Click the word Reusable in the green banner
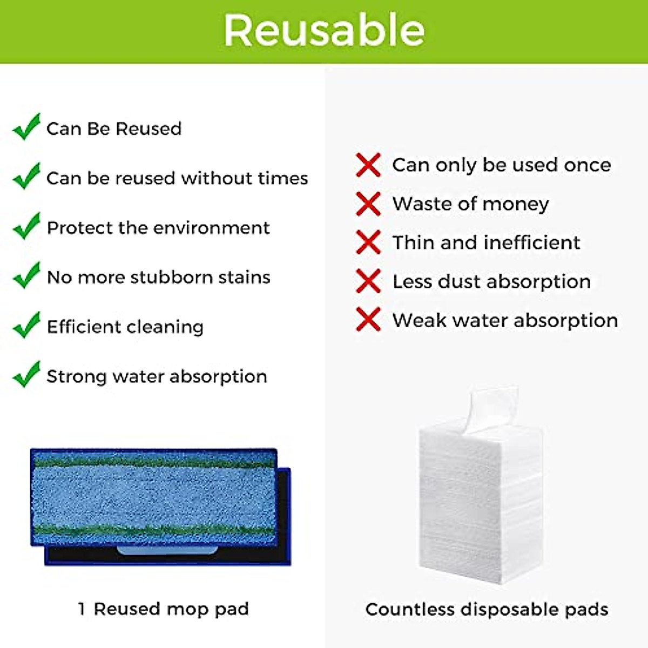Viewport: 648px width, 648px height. [x=324, y=31]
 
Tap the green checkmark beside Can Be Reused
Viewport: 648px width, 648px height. [x=26, y=127]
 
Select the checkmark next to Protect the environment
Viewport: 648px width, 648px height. [x=26, y=226]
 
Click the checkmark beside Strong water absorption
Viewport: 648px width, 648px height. [x=26, y=375]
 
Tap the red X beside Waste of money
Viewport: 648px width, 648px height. [x=368, y=204]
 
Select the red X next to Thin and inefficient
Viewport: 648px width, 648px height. [x=368, y=242]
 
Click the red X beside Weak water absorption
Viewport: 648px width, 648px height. [x=368, y=320]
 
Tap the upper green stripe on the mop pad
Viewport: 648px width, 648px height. [x=154, y=462]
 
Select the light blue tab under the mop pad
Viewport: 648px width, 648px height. [x=167, y=550]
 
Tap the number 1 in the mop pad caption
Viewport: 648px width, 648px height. [x=82, y=609]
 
